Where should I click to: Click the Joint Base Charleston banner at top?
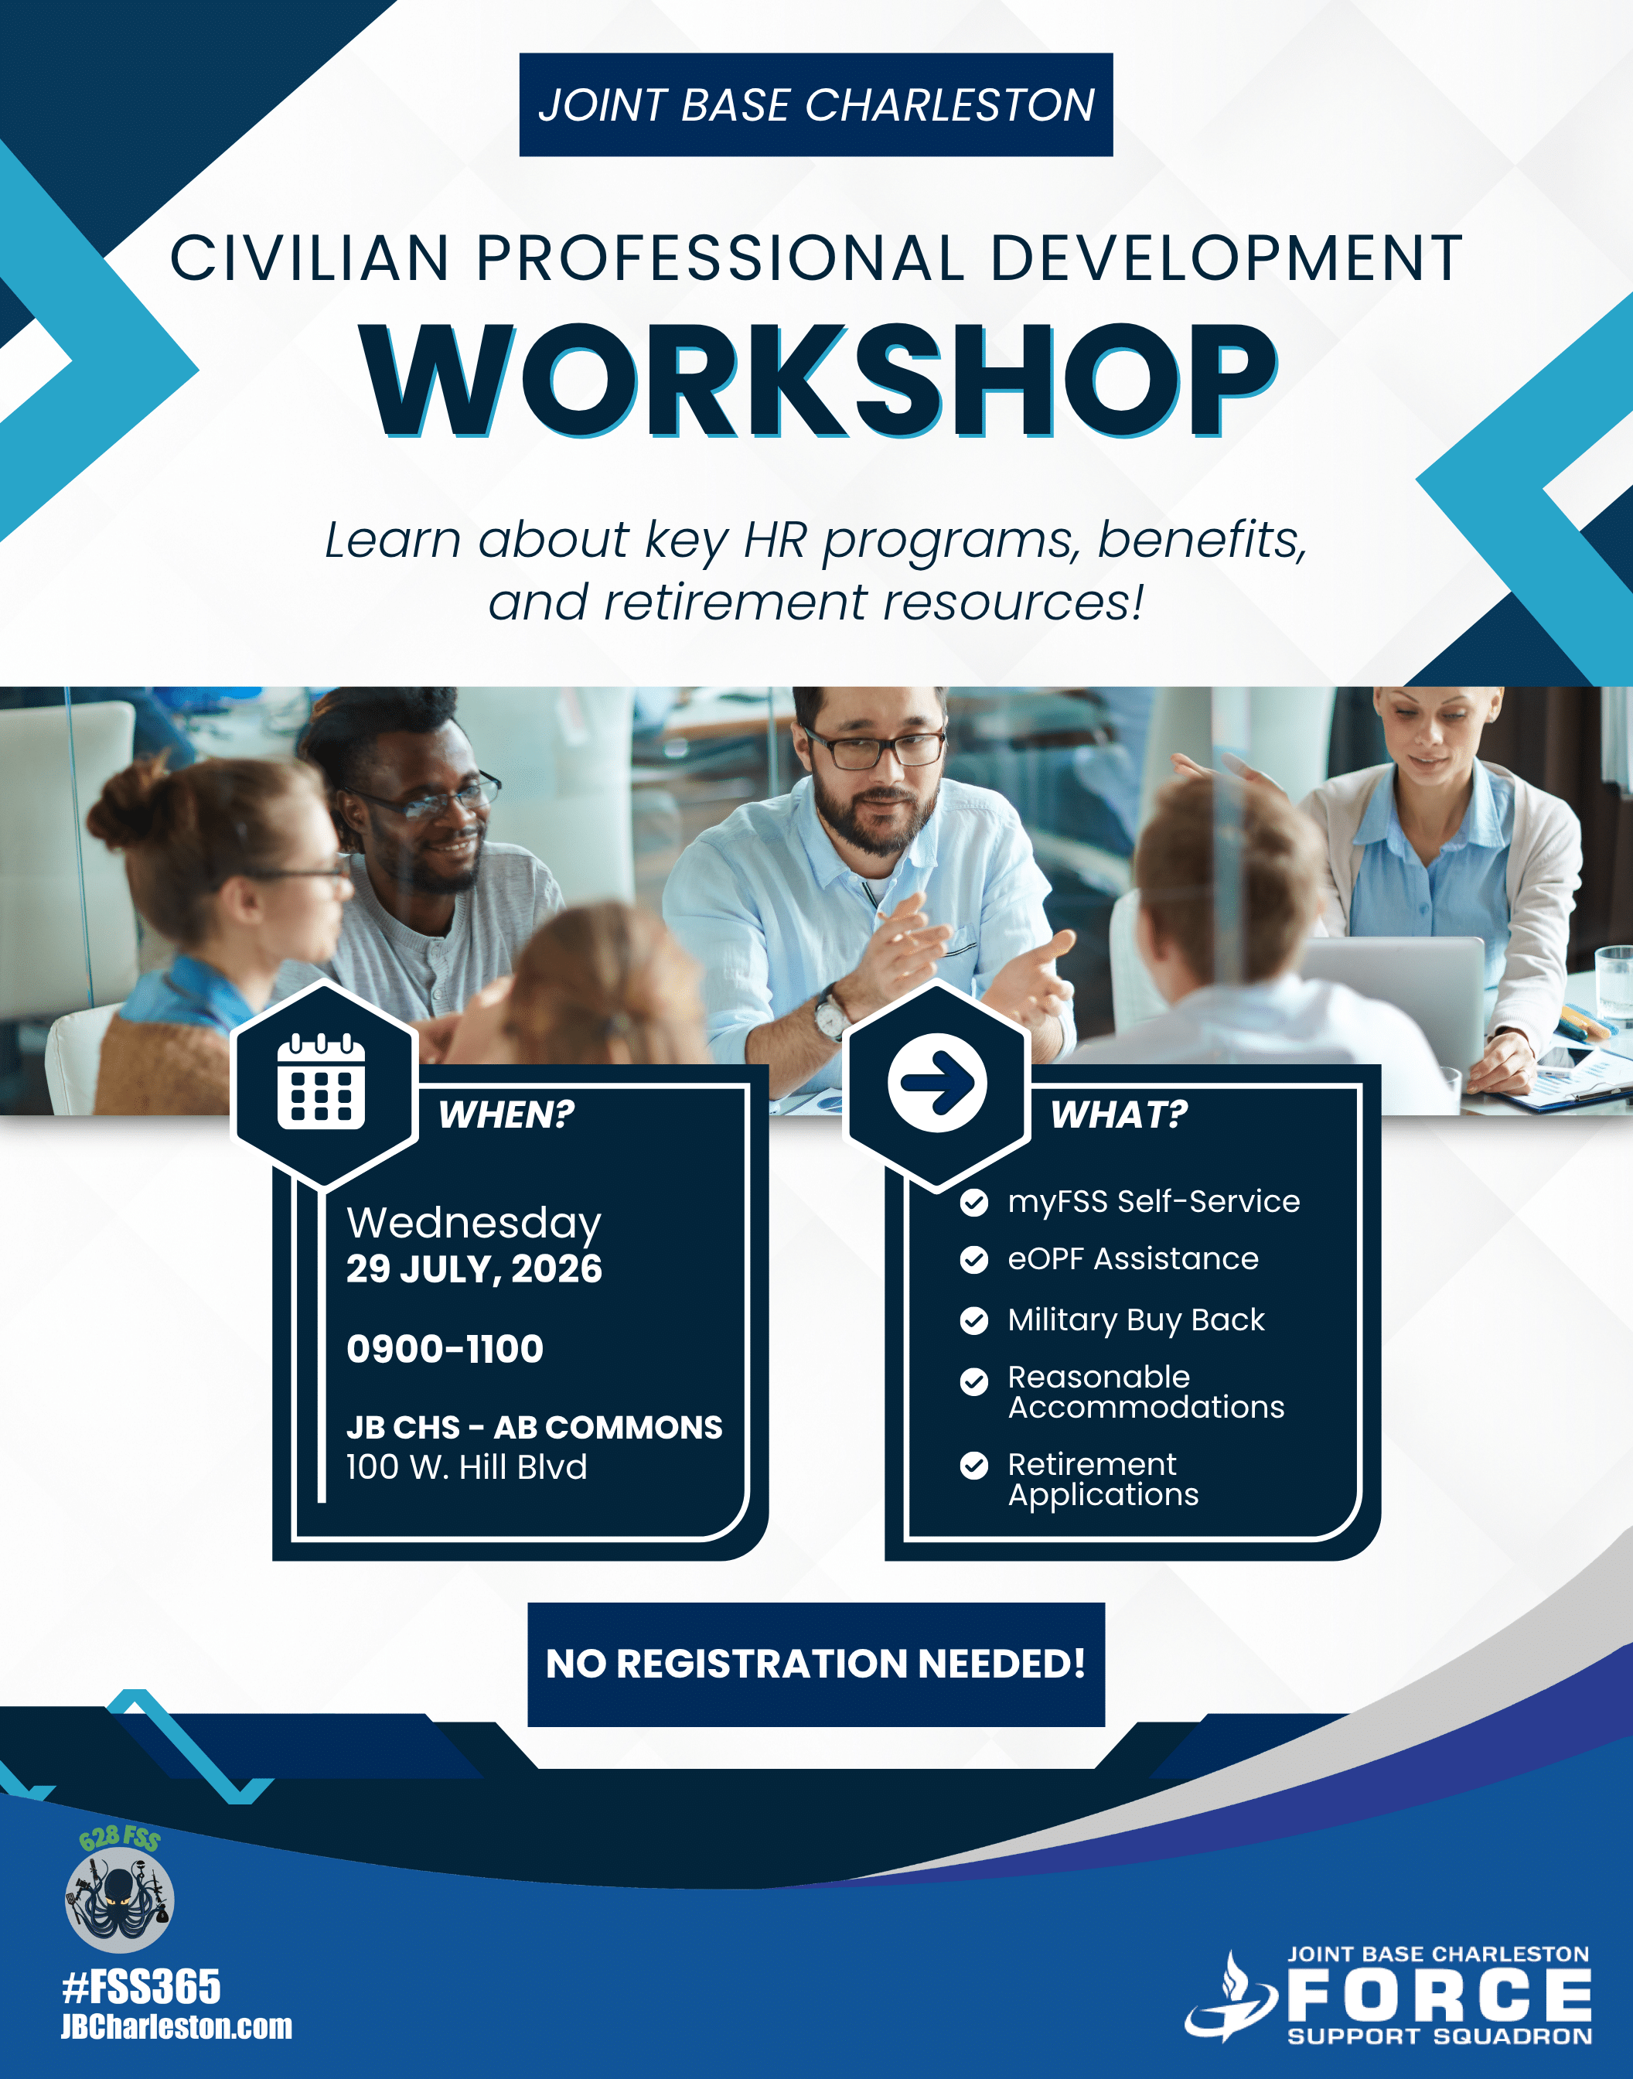816,104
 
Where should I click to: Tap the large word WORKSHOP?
818,380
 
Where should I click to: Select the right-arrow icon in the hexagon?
937,1084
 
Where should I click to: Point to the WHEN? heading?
506,1114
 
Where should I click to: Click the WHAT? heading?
1119,1114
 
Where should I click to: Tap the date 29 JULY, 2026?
474,1269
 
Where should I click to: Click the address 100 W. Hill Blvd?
466,1467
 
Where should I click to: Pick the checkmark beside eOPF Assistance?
973,1261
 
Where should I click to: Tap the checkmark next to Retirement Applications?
973,1466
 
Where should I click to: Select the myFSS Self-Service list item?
1154,1202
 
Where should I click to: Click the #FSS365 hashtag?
141,1987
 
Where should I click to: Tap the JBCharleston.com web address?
177,2027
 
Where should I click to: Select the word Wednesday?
474,1223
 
